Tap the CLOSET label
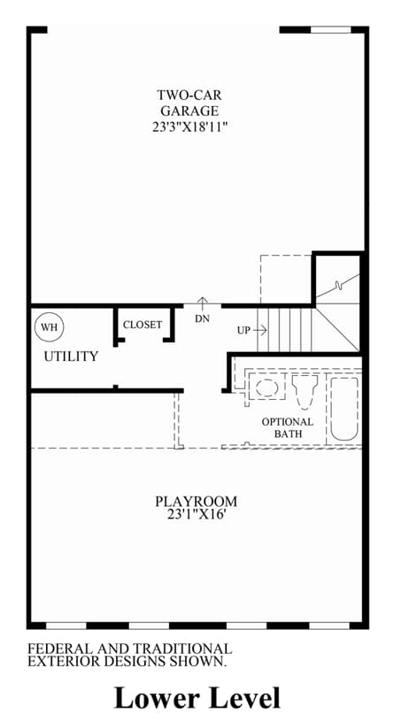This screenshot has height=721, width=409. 143,325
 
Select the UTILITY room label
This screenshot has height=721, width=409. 72,357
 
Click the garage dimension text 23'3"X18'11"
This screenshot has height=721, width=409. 190,127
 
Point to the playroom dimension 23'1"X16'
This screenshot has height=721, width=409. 196,515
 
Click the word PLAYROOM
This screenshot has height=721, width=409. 196,501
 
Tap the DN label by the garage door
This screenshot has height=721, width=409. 203,318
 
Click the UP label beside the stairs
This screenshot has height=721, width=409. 243,330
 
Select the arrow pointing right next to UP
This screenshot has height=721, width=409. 260,330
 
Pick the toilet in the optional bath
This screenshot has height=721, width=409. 305,391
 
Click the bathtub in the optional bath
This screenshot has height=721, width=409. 344,410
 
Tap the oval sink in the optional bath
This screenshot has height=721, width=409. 266,387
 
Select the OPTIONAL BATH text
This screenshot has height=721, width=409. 288,427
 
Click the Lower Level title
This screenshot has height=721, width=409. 197,697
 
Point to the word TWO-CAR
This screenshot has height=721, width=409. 189,96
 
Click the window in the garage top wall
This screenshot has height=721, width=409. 331,30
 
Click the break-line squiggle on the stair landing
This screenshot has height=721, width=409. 338,286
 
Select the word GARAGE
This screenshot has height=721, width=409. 189,111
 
